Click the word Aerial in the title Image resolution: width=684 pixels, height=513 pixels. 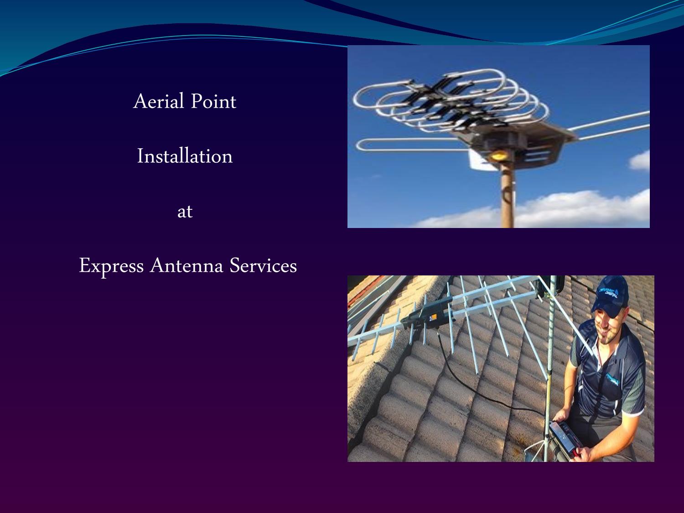tap(158, 101)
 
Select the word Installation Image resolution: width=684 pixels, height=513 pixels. tap(185, 156)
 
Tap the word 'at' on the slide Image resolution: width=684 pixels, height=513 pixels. tap(185, 212)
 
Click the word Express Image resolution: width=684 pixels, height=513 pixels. tap(111, 266)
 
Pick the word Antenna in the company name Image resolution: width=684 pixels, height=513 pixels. tap(187, 266)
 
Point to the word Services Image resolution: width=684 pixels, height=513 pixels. tap(263, 266)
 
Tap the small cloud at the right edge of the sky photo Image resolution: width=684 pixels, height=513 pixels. tap(640, 161)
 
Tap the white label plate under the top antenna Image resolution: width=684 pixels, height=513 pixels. tap(477, 160)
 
